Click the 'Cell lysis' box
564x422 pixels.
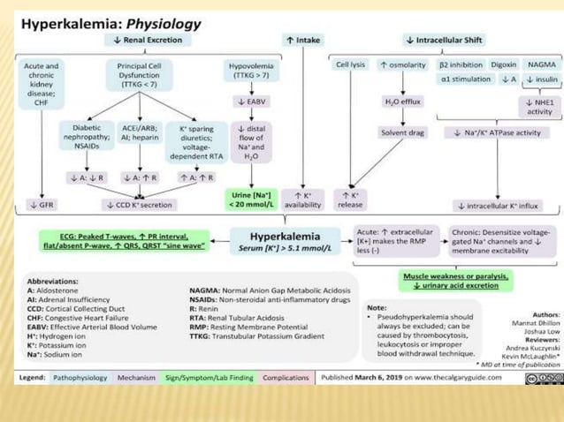(x=351, y=65)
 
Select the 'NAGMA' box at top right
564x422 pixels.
(x=541, y=65)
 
